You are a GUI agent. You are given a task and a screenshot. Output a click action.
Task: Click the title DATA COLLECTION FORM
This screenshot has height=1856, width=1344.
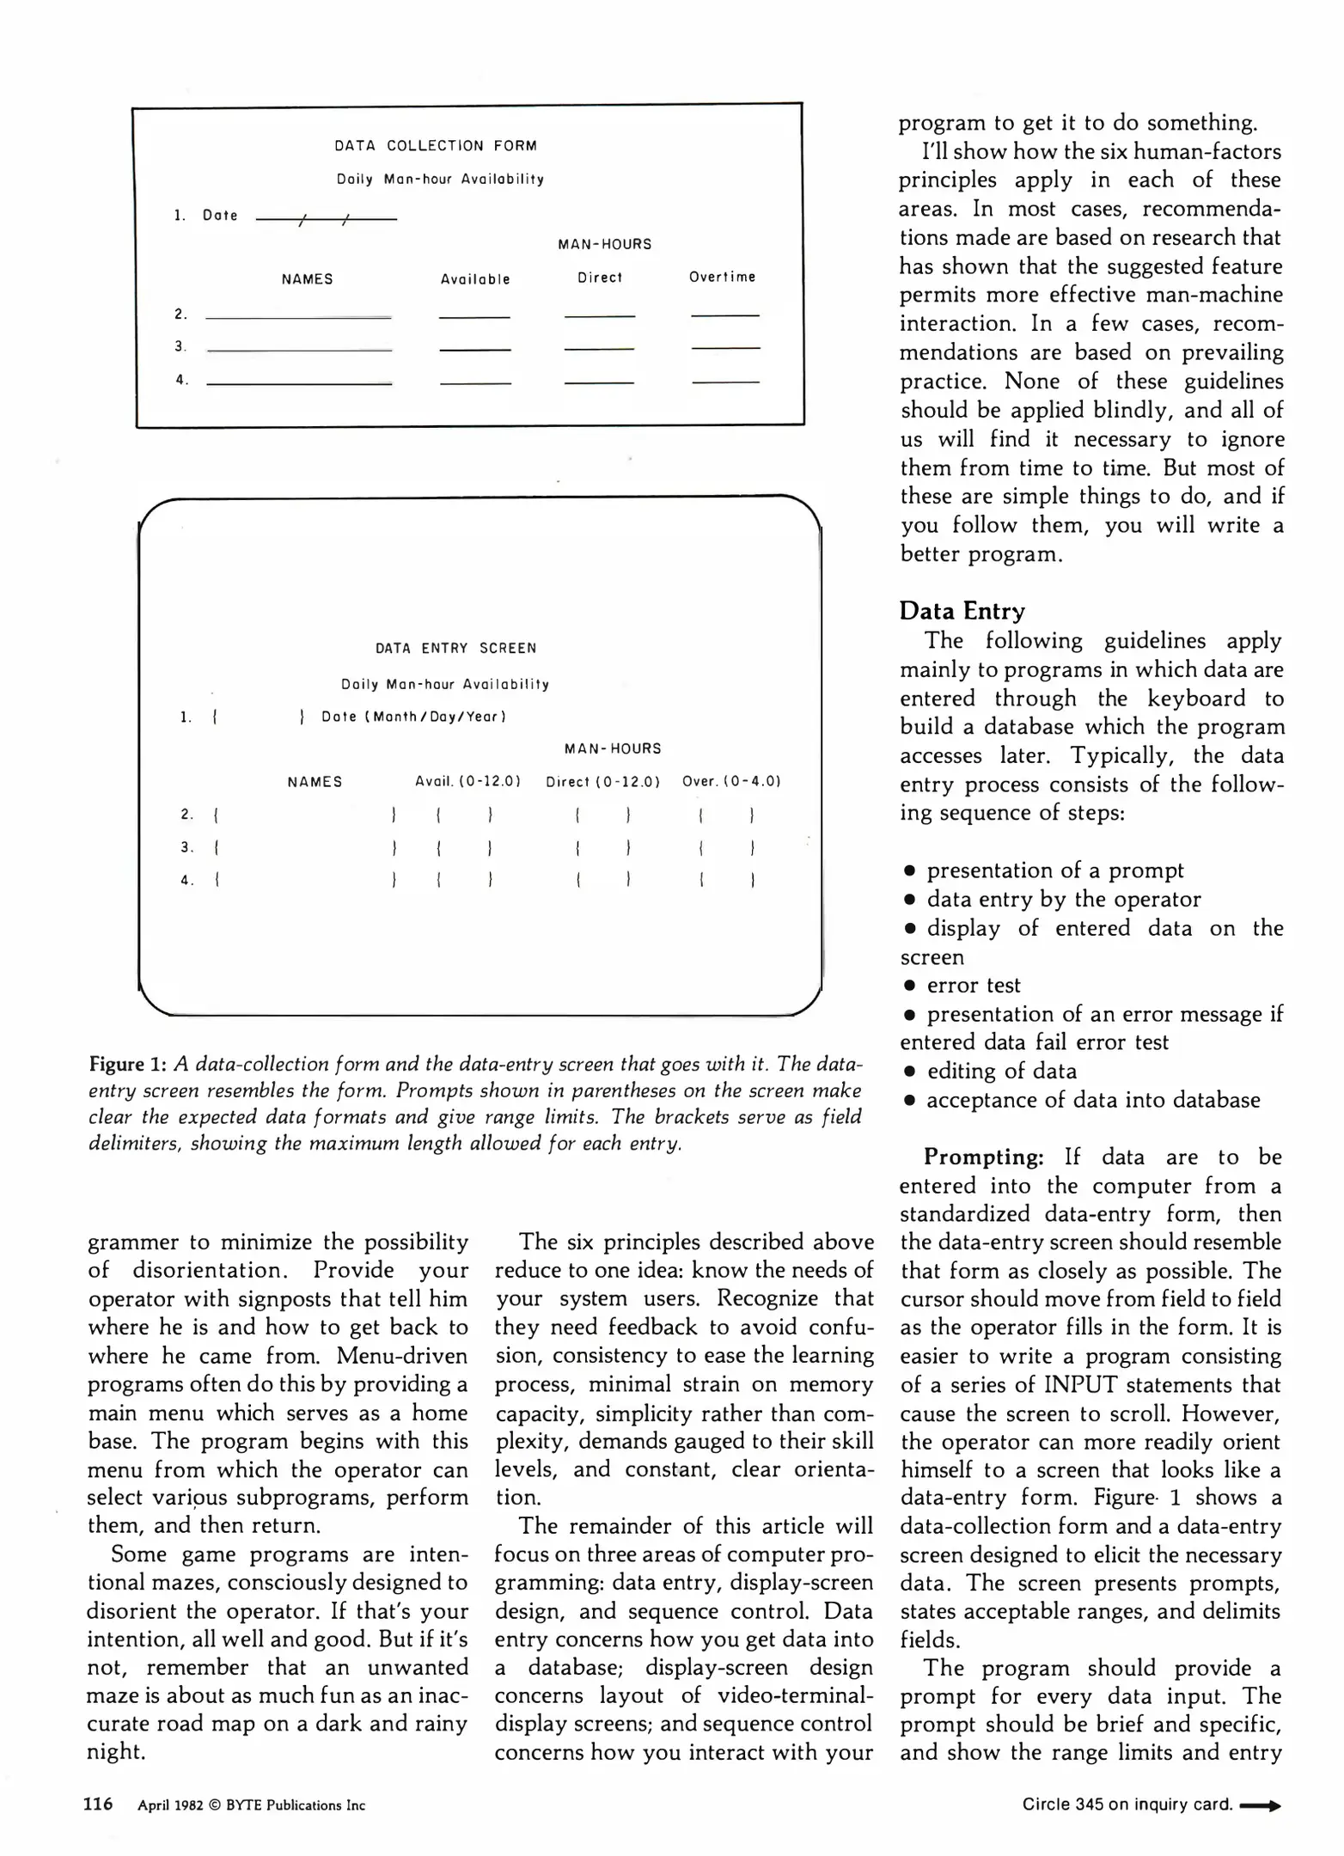click(435, 146)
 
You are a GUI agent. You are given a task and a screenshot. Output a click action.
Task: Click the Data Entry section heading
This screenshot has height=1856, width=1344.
click(962, 611)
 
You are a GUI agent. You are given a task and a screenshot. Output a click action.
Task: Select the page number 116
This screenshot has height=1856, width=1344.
click(98, 1804)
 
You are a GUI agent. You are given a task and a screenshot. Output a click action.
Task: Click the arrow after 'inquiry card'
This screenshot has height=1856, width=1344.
click(1261, 1805)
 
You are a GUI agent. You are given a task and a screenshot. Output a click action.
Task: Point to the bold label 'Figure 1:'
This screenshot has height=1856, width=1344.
click(127, 1064)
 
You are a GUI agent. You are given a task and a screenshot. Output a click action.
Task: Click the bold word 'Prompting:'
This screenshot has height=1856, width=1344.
click(983, 1157)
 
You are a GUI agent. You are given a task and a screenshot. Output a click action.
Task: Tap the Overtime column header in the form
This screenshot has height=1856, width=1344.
click(722, 277)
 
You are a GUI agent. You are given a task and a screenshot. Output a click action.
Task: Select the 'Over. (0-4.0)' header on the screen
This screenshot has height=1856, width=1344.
click(731, 781)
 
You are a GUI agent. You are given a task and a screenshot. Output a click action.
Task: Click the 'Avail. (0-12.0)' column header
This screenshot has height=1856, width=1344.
click(467, 781)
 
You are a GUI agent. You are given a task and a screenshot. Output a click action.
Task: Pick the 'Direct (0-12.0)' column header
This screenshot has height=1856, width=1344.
click(602, 782)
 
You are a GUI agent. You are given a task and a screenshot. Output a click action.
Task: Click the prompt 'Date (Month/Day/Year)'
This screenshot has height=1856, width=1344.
click(413, 717)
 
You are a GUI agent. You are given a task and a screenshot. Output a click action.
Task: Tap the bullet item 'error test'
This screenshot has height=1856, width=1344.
click(973, 985)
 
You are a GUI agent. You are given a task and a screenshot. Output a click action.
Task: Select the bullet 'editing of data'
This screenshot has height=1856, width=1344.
click(1000, 1071)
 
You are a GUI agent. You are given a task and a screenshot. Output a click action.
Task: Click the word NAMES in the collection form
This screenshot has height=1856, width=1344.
click(307, 279)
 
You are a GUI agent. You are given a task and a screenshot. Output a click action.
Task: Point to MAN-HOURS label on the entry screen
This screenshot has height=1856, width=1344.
click(613, 748)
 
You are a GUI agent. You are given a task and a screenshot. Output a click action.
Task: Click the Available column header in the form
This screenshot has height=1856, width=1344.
click(475, 279)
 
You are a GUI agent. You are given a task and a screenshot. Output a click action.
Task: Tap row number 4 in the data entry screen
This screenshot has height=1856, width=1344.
click(186, 880)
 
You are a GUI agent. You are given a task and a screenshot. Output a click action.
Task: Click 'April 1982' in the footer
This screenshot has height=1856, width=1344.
click(170, 1805)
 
